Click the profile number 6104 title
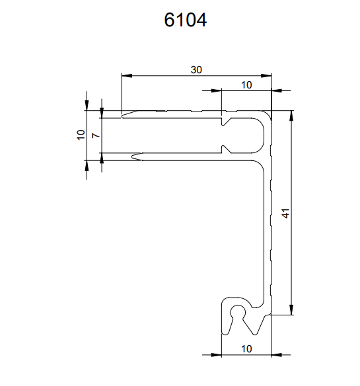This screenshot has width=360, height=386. [186, 20]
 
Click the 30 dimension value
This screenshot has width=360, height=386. [196, 70]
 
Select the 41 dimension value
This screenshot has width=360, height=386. [286, 213]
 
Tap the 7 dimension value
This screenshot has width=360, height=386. [96, 135]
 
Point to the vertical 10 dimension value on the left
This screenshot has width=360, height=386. [81, 135]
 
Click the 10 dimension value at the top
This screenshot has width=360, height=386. [246, 85]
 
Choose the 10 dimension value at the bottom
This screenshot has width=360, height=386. [246, 349]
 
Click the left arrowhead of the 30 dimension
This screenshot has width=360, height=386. [127, 76]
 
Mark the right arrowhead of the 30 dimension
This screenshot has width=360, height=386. [266, 76]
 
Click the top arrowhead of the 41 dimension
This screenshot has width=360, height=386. [291, 115]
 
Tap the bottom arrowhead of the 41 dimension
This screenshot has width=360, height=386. [291, 309]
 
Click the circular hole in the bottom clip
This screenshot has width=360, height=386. [238, 312]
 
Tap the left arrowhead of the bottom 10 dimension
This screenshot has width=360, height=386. [217, 355]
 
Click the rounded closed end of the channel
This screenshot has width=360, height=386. [260, 135]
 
